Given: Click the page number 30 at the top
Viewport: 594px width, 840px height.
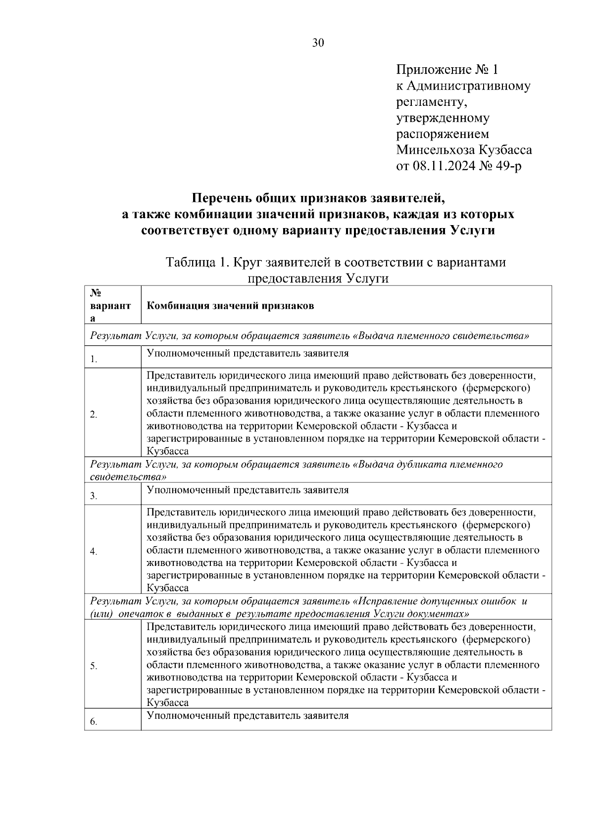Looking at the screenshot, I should tap(318, 43).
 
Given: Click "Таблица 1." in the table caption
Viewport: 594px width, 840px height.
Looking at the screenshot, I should tap(197, 262).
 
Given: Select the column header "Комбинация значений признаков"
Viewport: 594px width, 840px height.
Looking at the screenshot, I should tap(230, 306).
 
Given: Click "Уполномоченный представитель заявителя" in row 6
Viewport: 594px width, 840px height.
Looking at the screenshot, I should tap(247, 716).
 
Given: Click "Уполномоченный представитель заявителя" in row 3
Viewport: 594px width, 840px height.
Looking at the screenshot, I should tap(247, 490).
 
